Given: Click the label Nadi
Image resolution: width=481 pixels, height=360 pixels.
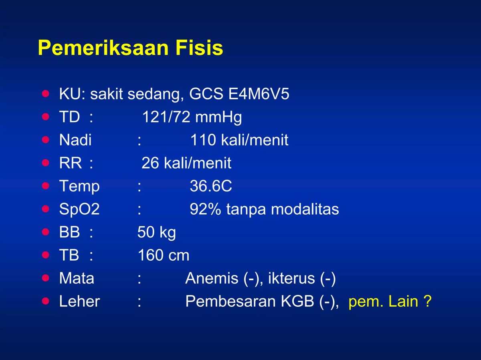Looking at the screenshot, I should click(75, 140).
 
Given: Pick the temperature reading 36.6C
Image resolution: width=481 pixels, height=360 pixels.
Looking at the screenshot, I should click(211, 186).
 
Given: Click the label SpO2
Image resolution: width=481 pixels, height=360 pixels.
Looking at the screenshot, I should click(79, 209).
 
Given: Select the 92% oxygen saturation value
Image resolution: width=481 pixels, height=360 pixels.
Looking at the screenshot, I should click(205, 209).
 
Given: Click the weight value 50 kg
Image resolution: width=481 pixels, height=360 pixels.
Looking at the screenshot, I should click(157, 232).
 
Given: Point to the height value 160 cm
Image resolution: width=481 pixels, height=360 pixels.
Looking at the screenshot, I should click(164, 255).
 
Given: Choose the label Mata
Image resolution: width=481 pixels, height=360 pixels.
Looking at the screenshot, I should click(77, 278).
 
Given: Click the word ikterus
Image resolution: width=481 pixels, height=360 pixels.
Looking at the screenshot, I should click(291, 278).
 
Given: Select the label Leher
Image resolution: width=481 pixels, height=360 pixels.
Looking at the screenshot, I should click(79, 302).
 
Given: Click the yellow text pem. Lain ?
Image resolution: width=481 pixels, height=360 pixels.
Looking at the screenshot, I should click(390, 302).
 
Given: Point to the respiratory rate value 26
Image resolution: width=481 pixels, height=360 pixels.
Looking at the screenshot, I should click(150, 163).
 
